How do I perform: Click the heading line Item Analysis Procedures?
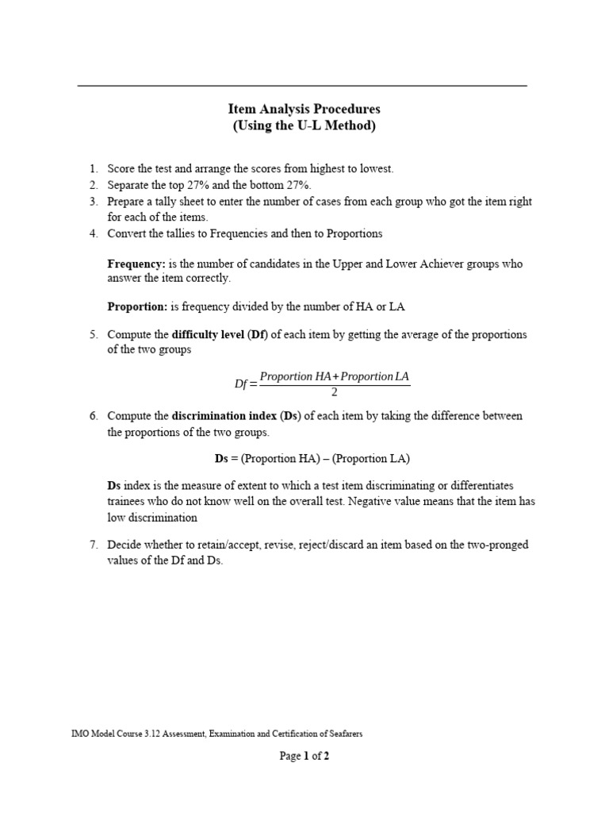(x=304, y=109)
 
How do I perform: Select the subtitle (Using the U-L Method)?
(x=304, y=125)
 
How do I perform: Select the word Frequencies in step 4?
(x=216, y=233)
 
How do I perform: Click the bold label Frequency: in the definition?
(x=136, y=264)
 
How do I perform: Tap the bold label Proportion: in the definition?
(x=137, y=306)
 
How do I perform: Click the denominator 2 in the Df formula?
(x=334, y=391)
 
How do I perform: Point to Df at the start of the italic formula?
(x=241, y=383)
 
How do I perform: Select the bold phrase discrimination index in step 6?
(x=224, y=416)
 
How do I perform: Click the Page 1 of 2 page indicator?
(x=304, y=757)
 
